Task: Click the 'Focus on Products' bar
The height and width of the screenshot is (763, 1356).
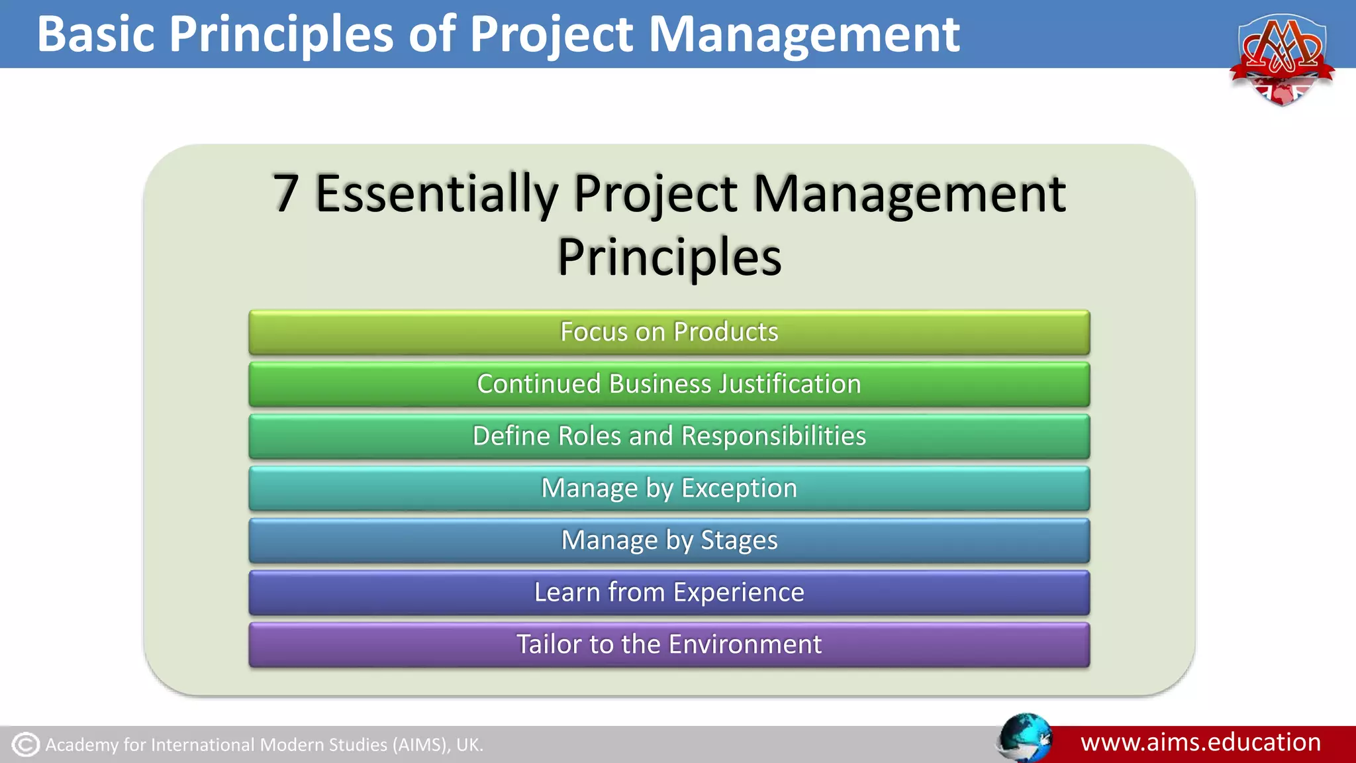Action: (x=669, y=332)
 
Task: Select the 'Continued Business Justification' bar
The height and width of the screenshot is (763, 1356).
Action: (x=669, y=384)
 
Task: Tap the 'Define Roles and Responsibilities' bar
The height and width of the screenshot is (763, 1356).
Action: (x=669, y=436)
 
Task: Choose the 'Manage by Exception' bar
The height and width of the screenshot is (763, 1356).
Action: (x=669, y=489)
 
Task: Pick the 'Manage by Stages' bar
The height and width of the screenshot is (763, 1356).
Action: (x=669, y=540)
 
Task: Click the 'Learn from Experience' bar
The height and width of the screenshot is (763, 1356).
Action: (x=669, y=593)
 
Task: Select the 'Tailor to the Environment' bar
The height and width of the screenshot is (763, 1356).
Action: (x=669, y=644)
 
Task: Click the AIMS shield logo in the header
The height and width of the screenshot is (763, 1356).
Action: (x=1282, y=60)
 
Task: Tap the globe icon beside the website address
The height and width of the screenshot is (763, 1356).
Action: (x=1024, y=737)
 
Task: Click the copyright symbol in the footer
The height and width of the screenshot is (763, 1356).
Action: (x=26, y=744)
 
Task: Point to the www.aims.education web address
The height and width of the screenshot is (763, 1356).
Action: (x=1200, y=742)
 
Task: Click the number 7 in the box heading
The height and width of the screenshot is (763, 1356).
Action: (x=285, y=193)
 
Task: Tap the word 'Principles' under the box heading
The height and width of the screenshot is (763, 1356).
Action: (x=669, y=257)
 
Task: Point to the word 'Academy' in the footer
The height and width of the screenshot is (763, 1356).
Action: (x=81, y=745)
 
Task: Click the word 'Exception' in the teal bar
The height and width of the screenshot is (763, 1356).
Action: (x=739, y=489)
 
